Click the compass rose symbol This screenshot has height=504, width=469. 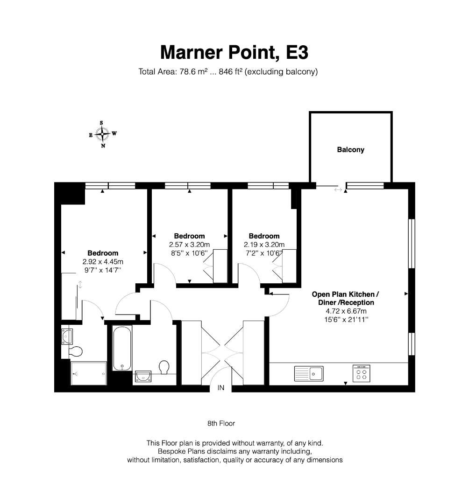click(103, 134)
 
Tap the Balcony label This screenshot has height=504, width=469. click(351, 150)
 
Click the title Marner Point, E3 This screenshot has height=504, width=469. click(234, 52)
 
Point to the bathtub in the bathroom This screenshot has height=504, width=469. click(122, 348)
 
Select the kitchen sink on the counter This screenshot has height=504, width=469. click(309, 373)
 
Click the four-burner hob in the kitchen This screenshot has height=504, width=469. click(361, 373)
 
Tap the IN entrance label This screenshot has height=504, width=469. click(220, 388)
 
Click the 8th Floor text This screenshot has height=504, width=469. click(221, 423)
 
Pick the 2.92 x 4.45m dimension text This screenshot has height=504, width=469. click(103, 262)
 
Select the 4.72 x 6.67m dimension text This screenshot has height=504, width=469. click(346, 311)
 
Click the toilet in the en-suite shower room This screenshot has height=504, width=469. click(76, 351)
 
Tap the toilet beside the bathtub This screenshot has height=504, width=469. click(164, 367)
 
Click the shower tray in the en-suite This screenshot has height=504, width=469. click(88, 373)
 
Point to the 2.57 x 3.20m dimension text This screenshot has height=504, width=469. click(190, 245)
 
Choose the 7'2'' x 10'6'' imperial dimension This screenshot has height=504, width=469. click(263, 253)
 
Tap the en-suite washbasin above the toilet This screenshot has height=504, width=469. click(67, 336)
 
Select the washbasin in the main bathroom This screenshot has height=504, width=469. click(143, 376)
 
